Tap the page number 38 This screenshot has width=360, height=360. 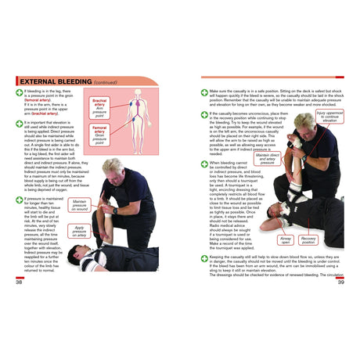19,283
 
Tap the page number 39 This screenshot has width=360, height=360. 340,283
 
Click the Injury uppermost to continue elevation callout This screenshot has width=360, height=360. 329,117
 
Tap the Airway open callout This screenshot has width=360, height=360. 286,240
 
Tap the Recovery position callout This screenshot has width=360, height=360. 308,240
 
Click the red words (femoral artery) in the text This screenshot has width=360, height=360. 40,100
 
